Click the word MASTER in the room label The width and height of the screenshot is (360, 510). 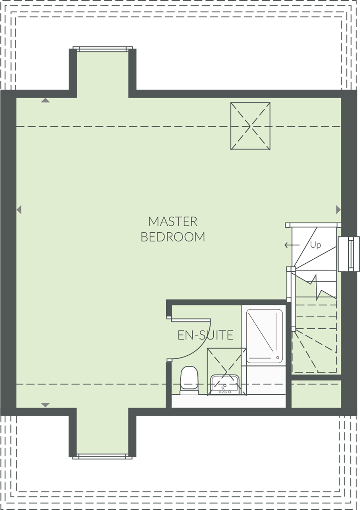[x=173, y=222]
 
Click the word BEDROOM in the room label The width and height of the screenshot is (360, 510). [x=173, y=237]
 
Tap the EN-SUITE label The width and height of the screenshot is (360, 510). [x=205, y=335]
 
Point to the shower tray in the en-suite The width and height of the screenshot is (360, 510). [x=264, y=334]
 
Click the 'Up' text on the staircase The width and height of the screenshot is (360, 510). [x=315, y=245]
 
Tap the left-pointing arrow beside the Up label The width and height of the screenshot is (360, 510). [x=292, y=245]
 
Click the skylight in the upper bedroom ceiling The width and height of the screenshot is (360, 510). [x=250, y=126]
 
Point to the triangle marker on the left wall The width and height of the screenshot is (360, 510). [x=19, y=209]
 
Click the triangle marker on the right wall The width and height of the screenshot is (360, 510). [x=338, y=209]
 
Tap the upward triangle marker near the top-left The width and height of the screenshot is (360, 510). [x=45, y=101]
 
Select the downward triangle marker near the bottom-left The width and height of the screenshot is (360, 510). [x=45, y=405]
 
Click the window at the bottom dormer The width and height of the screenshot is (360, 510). [x=103, y=456]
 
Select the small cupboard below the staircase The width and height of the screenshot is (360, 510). [x=316, y=394]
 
